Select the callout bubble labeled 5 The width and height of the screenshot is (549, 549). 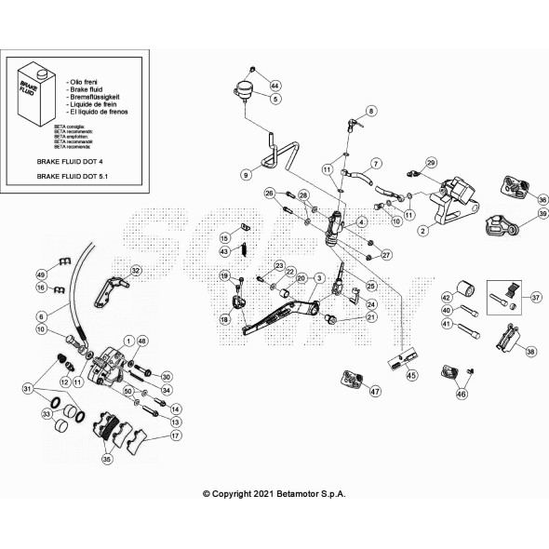coord(275,99)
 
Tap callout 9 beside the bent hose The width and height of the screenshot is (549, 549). coord(246,174)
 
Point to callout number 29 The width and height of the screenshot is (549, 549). coord(430,164)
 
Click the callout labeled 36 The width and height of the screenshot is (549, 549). coord(542,198)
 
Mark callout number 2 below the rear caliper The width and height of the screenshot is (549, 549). coord(422,230)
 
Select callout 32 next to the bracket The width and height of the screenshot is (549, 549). coord(136,271)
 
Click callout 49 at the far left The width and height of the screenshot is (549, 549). coord(41,274)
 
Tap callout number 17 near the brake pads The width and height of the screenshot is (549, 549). coord(176,435)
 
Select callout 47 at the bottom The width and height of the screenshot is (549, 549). coord(375,392)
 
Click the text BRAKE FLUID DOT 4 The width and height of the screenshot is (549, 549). coord(71,160)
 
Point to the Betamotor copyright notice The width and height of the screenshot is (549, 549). coord(274,495)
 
